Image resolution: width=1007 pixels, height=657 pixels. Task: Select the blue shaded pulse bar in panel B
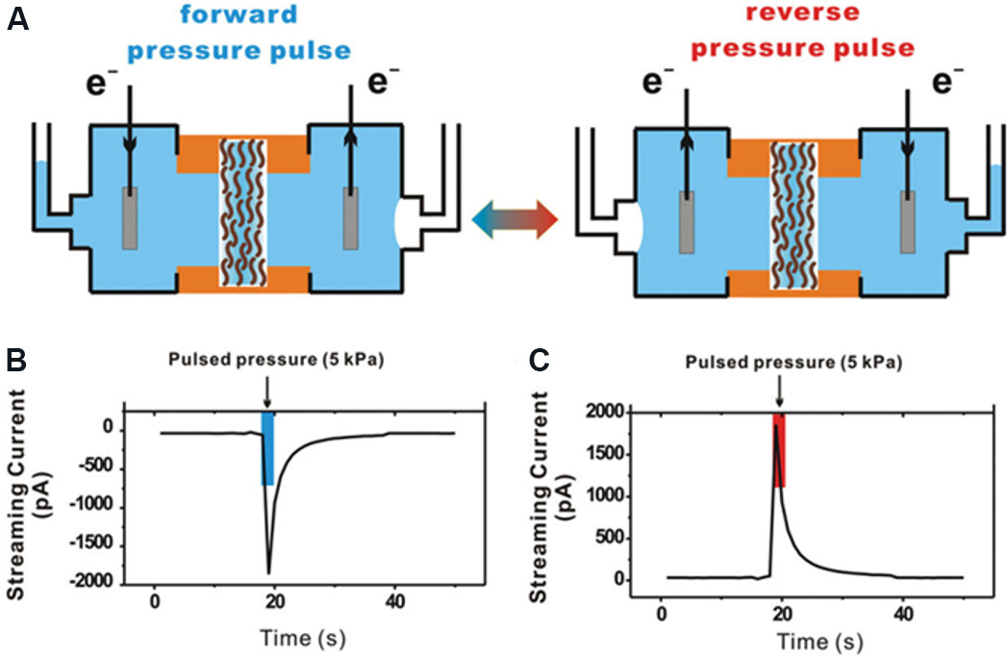[267, 449]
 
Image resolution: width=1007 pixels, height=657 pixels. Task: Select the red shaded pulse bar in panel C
[779, 450]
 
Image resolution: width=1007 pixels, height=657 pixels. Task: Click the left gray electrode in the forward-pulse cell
[130, 218]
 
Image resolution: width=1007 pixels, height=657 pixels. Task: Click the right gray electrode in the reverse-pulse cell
[907, 220]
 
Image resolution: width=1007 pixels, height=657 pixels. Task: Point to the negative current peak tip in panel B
[268, 573]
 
